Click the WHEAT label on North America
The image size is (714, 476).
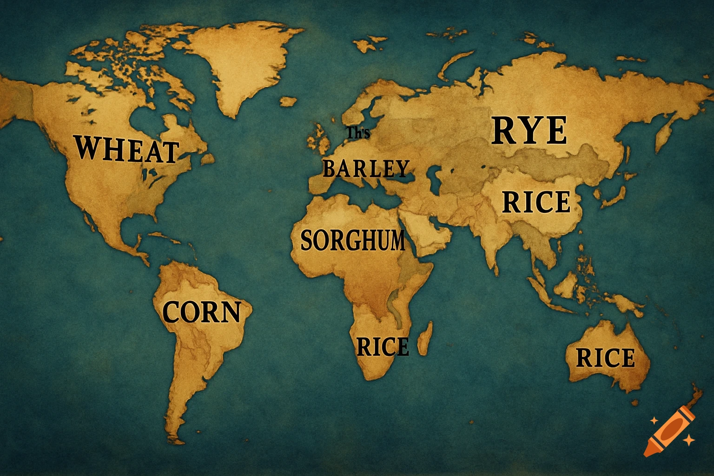[127, 149]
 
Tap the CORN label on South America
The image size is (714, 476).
[202, 312]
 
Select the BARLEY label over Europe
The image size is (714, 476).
[366, 169]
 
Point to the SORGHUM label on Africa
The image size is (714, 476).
[353, 240]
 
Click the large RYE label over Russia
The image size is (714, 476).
[529, 131]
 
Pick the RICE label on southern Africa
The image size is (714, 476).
[383, 347]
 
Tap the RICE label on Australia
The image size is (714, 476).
[605, 358]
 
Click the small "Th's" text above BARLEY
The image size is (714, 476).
[358, 133]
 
